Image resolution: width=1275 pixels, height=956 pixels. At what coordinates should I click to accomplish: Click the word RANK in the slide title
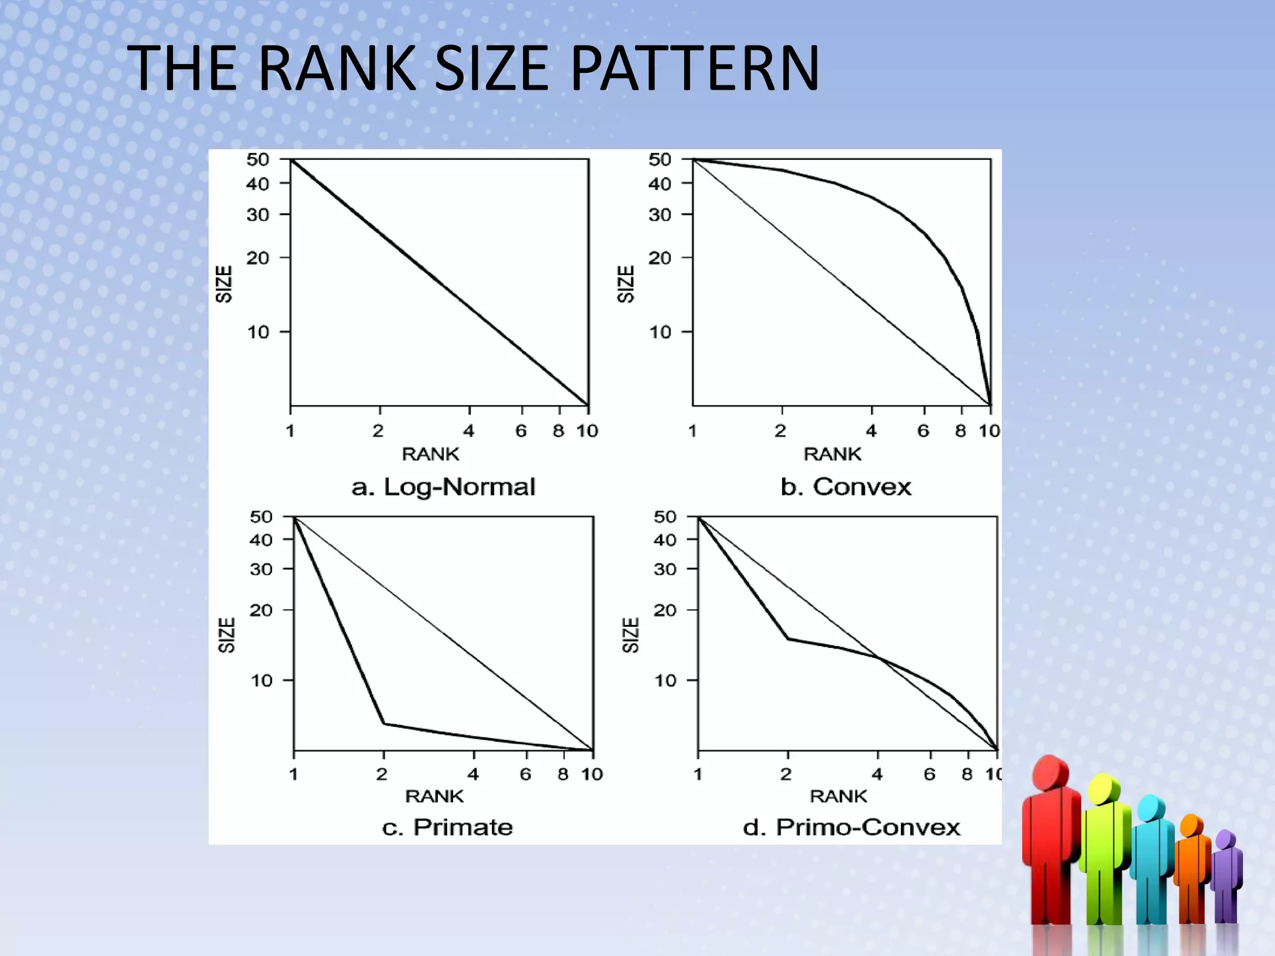pyautogui.click(x=336, y=68)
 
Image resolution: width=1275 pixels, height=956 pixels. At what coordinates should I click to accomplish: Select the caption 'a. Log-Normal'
pyautogui.click(x=443, y=487)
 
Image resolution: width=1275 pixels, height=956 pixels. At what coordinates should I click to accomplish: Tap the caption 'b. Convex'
pyautogui.click(x=845, y=487)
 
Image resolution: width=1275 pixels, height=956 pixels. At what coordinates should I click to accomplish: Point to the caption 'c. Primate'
pyautogui.click(x=448, y=827)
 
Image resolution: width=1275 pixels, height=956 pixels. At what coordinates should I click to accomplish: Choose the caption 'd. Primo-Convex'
pyautogui.click(x=852, y=827)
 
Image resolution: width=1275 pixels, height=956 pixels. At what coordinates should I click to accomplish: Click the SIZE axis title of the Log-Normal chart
pyautogui.click(x=223, y=284)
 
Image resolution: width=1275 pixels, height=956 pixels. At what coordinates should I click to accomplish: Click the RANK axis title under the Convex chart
pyautogui.click(x=832, y=454)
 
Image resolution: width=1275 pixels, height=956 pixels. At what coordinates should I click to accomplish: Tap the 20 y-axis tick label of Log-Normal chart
pyautogui.click(x=258, y=258)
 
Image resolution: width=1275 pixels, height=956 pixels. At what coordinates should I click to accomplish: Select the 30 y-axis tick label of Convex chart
pyautogui.click(x=660, y=215)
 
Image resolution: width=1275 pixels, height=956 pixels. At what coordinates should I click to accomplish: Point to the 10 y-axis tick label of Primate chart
pyautogui.click(x=261, y=680)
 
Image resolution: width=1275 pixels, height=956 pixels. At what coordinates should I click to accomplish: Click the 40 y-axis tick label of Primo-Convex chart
pyautogui.click(x=665, y=540)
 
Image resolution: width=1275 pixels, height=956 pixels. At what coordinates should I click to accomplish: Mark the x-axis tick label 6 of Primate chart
pyautogui.click(x=526, y=774)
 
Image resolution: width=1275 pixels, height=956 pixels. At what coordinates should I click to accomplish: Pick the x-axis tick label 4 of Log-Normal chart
pyautogui.click(x=469, y=431)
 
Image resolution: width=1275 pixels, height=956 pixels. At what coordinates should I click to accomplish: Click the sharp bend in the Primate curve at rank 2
pyautogui.click(x=384, y=723)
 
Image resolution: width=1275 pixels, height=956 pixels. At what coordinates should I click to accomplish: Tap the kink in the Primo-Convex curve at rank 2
pyautogui.click(x=788, y=638)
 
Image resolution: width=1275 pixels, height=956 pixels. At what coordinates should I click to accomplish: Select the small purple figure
pyautogui.click(x=1226, y=878)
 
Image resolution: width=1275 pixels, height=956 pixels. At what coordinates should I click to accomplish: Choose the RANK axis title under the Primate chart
pyautogui.click(x=435, y=796)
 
